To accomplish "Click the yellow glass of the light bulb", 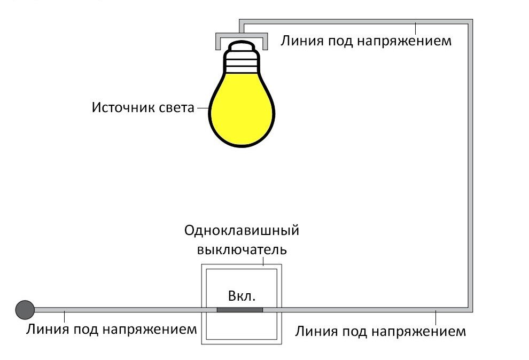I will click(x=242, y=109).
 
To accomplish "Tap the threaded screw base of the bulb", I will click(x=242, y=62).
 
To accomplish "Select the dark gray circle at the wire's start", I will click(x=25, y=309).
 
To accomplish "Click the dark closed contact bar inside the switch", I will click(x=239, y=309).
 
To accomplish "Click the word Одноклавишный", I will click(x=242, y=231).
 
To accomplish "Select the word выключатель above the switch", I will click(x=242, y=249).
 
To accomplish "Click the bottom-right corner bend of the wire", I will click(x=470, y=309).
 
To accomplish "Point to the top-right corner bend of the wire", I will click(x=470, y=22).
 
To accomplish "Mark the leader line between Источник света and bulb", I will click(x=203, y=108).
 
